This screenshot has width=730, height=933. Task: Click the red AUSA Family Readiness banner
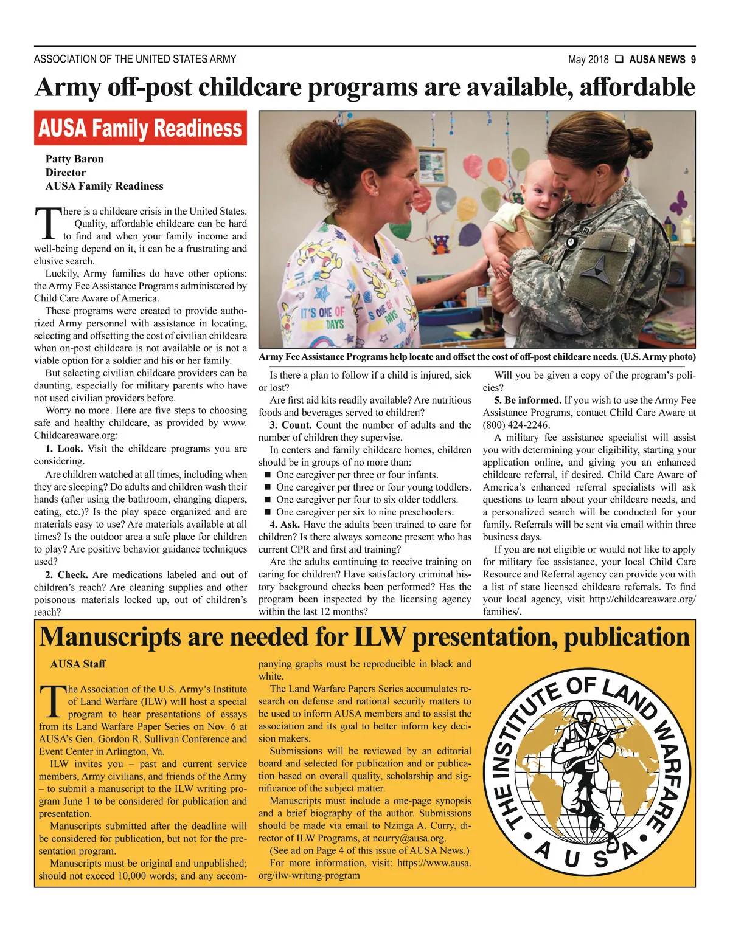pyautogui.click(x=140, y=128)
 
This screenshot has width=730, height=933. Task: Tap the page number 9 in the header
pyautogui.click(x=693, y=60)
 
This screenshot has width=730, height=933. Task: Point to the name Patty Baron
pyautogui.click(x=74, y=159)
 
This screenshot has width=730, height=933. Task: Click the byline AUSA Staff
pyautogui.click(x=78, y=664)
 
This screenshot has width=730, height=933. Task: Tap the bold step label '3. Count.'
pyautogui.click(x=291, y=425)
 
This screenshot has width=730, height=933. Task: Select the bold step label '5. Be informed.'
pyautogui.click(x=527, y=400)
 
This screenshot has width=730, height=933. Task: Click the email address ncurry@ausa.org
pyautogui.click(x=409, y=838)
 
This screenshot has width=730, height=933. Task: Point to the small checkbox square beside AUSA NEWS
pyautogui.click(x=618, y=60)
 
